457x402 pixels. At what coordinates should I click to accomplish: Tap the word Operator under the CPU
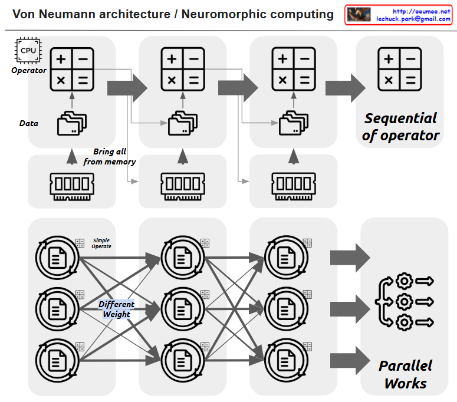[x=29, y=71]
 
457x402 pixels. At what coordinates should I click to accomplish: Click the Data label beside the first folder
[x=29, y=124]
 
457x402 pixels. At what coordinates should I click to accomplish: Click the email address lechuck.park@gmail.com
[x=413, y=19]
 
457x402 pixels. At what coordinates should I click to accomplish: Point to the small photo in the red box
[x=359, y=15]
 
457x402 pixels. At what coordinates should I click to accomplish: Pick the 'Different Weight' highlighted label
[x=116, y=309]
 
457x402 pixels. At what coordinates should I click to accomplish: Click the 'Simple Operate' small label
[x=101, y=243]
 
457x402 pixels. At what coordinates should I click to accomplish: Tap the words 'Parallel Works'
[x=405, y=374]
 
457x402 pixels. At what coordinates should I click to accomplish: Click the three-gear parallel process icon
[x=404, y=301]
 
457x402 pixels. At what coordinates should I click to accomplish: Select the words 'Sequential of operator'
[x=401, y=127]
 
